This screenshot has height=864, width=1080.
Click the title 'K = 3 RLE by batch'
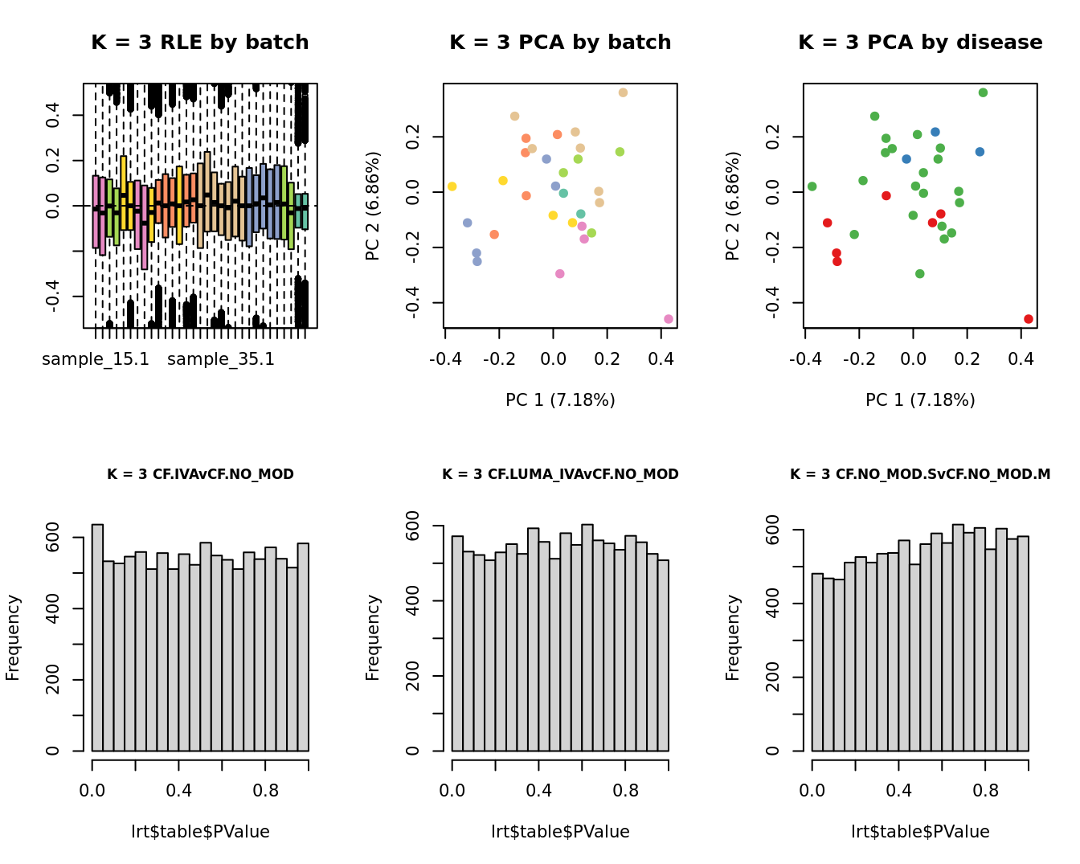point(199,43)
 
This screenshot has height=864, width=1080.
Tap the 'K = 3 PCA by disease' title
point(920,43)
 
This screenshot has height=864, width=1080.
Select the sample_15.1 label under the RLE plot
point(96,359)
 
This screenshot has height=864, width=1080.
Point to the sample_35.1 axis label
point(221,359)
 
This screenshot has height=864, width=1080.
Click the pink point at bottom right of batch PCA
point(669,319)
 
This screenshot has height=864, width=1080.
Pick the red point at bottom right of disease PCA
point(1029,319)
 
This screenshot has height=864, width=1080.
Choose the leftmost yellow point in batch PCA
point(452,186)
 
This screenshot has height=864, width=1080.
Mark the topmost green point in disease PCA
point(983,93)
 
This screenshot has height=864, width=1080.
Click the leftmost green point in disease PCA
point(812,186)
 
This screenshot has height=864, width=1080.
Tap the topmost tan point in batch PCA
point(623,93)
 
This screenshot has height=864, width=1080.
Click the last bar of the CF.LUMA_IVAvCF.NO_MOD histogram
point(663,655)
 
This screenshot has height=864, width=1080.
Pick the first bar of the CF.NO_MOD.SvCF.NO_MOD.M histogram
point(817,662)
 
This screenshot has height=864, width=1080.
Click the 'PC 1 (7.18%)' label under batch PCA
point(560,399)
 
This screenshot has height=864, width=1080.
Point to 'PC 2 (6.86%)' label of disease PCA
point(732,206)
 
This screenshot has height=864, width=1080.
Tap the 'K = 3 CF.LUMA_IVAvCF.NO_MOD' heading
point(560,474)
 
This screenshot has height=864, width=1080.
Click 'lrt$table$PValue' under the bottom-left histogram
point(200,832)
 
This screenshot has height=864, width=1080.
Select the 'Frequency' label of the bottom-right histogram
point(732,637)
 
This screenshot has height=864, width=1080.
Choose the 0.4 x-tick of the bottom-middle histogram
point(538,791)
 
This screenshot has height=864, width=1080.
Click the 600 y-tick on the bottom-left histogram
point(52,537)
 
